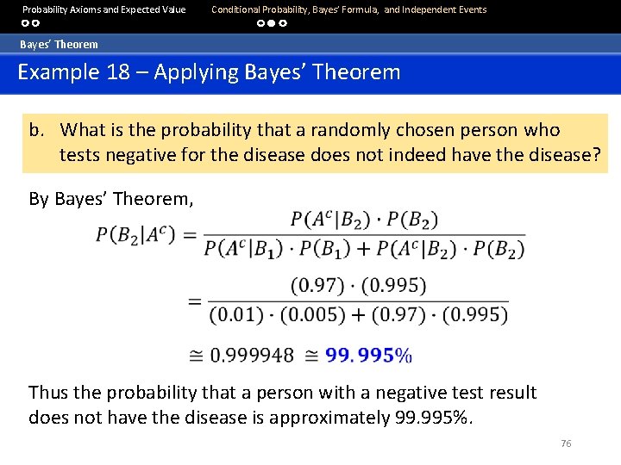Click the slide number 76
[x=566, y=443]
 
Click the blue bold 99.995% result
[x=373, y=355]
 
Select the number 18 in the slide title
[x=114, y=71]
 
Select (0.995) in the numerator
[x=392, y=285]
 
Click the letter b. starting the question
[x=36, y=130]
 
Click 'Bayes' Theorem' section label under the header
[x=59, y=44]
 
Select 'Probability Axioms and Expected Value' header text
[x=103, y=9]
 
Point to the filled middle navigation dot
[x=271, y=24]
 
